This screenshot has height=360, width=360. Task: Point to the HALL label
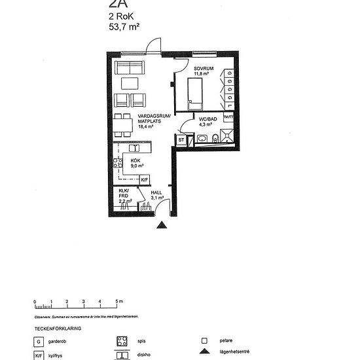(x=157, y=194)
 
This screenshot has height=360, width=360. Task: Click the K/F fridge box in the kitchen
(x=145, y=179)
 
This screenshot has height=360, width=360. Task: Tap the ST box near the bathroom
(x=181, y=139)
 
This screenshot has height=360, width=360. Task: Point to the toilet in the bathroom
(x=203, y=138)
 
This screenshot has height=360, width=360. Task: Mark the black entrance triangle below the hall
(x=162, y=225)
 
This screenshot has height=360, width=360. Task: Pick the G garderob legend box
(x=39, y=341)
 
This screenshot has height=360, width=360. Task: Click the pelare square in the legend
(x=204, y=341)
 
